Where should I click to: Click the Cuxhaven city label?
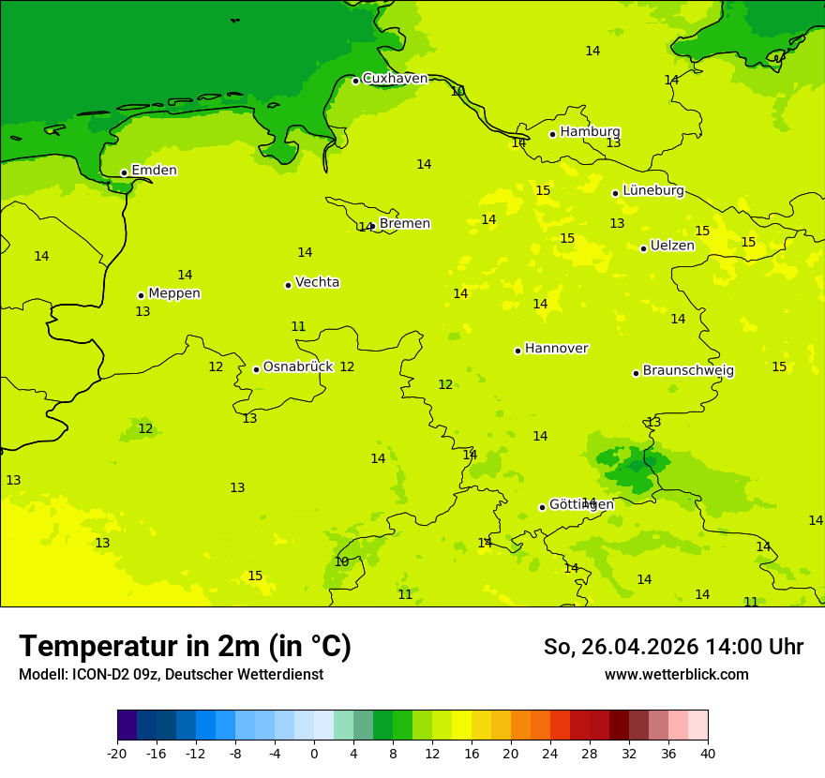pos(395,79)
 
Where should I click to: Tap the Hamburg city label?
pos(590,132)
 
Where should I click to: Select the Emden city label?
pos(154,171)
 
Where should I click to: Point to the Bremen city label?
pos(404,224)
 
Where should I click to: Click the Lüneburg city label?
pos(652,191)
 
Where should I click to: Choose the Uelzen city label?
pos(672,247)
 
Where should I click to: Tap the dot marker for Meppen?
pos(141,295)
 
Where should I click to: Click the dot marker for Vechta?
pos(288,285)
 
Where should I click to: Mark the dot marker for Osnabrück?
pos(256,369)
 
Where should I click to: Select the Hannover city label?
pos(556,349)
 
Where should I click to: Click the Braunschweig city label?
pos(688,371)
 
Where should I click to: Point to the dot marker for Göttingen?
pos(542,507)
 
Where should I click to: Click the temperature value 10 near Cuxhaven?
pos(457,91)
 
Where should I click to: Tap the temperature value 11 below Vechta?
pos(298,327)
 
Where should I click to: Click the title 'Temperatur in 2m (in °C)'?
pos(185,646)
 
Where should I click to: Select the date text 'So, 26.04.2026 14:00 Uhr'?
pos(673,647)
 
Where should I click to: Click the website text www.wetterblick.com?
pos(676,675)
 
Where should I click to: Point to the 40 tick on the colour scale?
pos(707,753)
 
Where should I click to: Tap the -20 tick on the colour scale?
pos(117,753)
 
